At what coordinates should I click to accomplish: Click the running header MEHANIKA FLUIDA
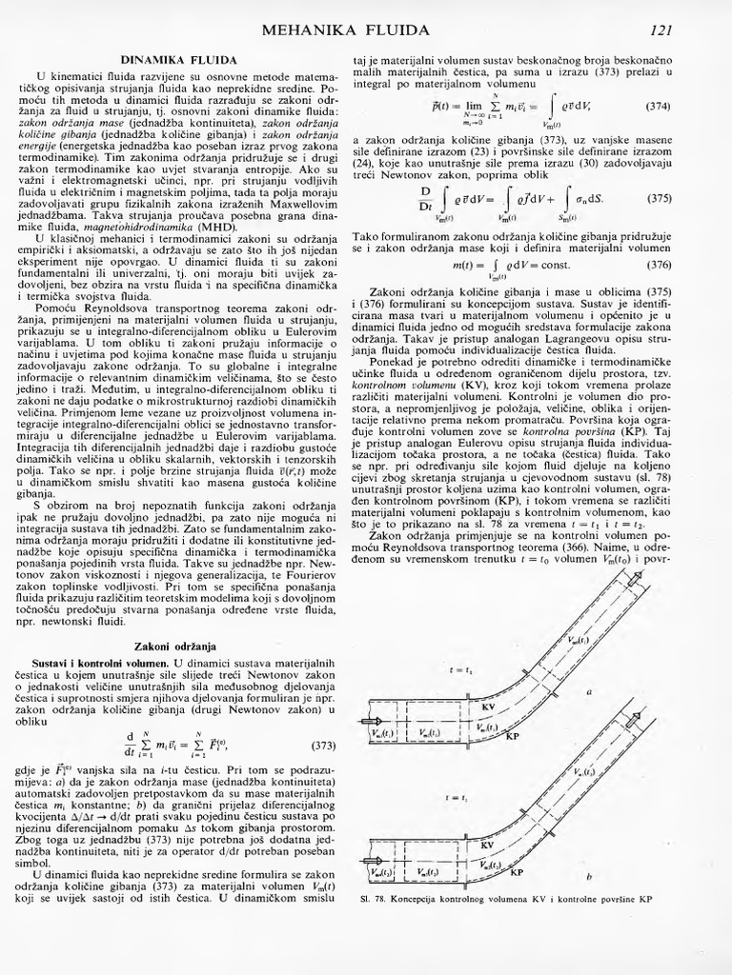pos(345,30)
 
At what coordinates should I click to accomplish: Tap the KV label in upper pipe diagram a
pos(489,706)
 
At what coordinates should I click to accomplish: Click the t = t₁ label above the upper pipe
pos(461,670)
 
